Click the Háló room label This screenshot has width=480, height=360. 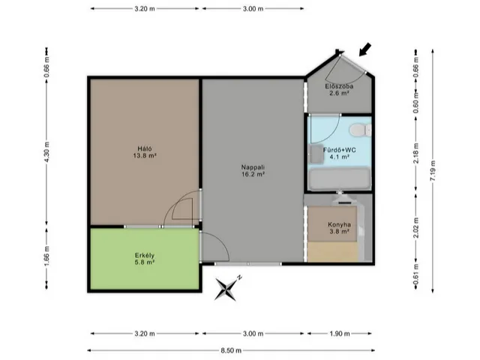(145, 152)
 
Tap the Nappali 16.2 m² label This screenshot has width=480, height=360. (253, 171)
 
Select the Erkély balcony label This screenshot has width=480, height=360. (145, 259)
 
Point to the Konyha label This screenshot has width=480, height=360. (339, 228)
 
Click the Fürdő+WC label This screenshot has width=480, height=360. (340, 153)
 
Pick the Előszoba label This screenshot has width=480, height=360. (339, 90)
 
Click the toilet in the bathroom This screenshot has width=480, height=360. (361, 130)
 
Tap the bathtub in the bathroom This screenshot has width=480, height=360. (339, 179)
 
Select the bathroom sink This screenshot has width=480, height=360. (316, 153)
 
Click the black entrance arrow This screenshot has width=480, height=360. (365, 49)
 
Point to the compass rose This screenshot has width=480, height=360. (226, 289)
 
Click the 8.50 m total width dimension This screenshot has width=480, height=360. (231, 350)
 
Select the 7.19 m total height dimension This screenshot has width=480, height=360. (433, 171)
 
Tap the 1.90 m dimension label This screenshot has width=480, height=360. (340, 334)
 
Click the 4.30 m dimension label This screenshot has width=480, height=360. (46, 152)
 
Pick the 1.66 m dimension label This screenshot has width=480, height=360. (46, 256)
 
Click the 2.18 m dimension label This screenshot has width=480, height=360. (415, 153)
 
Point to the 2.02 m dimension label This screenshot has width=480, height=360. (415, 228)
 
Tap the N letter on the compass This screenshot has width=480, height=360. (239, 277)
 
